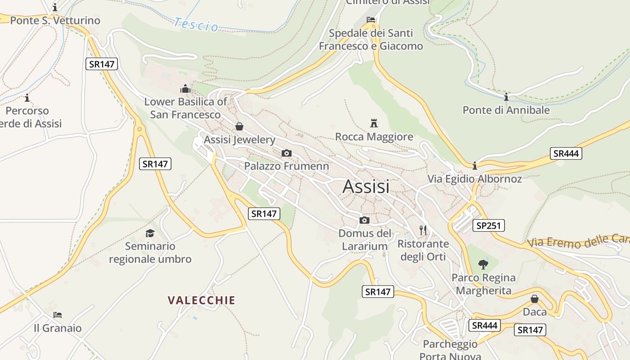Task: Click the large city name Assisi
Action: point(366,186)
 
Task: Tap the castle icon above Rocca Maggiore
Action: point(373,123)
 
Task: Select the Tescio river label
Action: point(196,24)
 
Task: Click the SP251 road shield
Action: point(488,225)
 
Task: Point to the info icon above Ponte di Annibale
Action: point(506,97)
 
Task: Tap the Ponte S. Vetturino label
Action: point(55,21)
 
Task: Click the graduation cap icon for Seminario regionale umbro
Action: point(150,233)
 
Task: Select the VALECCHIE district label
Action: point(202,300)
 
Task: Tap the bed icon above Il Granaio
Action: point(57,315)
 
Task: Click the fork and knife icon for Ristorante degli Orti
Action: point(423,231)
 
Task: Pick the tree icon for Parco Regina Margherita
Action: point(483,264)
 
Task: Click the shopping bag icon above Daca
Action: point(535,299)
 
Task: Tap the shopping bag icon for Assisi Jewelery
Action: point(239,126)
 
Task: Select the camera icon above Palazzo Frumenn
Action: point(286,153)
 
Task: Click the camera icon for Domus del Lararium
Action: point(364,220)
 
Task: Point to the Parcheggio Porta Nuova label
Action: point(450,350)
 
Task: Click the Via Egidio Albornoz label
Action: point(474,179)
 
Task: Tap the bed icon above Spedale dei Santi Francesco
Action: point(371,20)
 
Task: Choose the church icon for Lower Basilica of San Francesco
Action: point(185,89)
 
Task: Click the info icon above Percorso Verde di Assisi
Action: point(27,98)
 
